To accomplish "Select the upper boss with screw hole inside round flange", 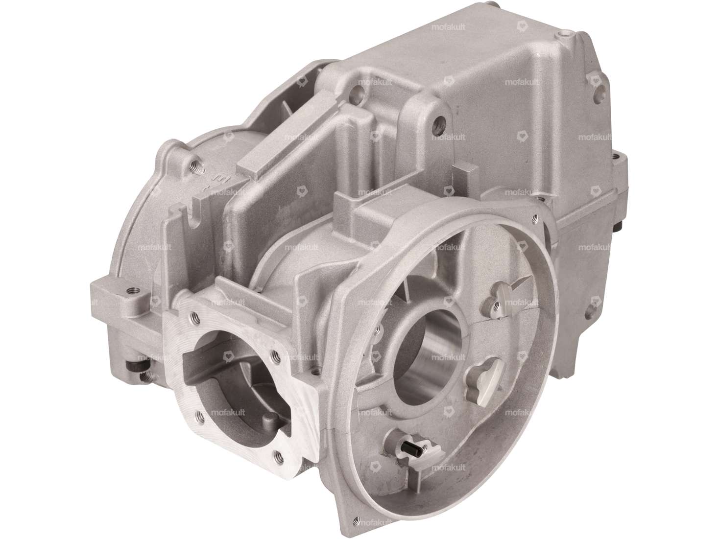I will click(496, 305).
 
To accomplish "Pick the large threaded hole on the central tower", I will click(437, 119).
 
